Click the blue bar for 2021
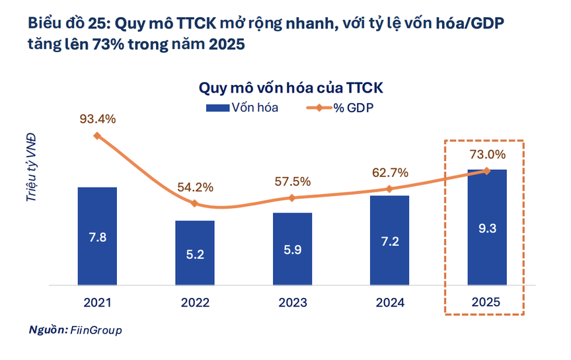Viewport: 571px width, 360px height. pyautogui.click(x=97, y=236)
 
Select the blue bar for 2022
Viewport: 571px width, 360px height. pyautogui.click(x=195, y=252)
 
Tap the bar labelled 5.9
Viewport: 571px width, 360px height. pyautogui.click(x=292, y=248)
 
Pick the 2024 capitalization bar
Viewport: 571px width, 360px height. pyautogui.click(x=389, y=240)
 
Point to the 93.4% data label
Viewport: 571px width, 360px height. pyautogui.click(x=98, y=119)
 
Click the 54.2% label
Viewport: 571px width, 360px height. pyautogui.click(x=195, y=187)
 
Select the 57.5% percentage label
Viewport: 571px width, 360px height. pyautogui.click(x=292, y=181)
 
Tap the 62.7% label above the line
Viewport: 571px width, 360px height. pyautogui.click(x=389, y=172)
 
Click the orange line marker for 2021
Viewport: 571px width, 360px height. pyautogui.click(x=97, y=136)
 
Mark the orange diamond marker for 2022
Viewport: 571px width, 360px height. pyautogui.click(x=195, y=203)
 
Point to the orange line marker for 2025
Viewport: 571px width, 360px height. pyautogui.click(x=487, y=171)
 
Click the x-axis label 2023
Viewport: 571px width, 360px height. pyautogui.click(x=292, y=303)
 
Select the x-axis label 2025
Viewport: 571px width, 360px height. pyautogui.click(x=487, y=303)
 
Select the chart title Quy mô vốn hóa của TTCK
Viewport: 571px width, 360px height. pyautogui.click(x=291, y=88)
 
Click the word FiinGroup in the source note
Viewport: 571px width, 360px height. pyautogui.click(x=96, y=330)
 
